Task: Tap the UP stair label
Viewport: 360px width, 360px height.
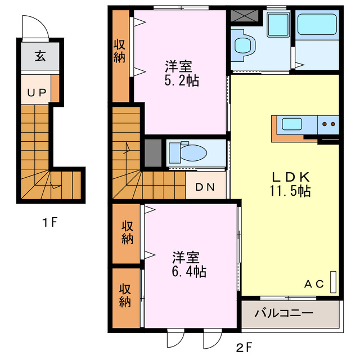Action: [x=35, y=93]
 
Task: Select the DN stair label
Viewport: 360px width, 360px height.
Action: [x=205, y=187]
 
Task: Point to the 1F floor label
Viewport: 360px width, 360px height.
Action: [x=50, y=222]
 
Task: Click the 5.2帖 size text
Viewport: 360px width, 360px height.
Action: [x=181, y=79]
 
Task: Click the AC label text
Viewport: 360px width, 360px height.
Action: [x=314, y=284]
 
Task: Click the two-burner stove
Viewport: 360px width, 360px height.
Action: [x=328, y=124]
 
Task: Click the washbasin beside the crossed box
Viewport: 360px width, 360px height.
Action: [x=276, y=24]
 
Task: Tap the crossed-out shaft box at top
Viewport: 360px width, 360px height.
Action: [x=244, y=17]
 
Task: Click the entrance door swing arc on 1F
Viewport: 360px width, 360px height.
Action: [x=31, y=25]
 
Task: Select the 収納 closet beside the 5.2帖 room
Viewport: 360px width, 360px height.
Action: [x=120, y=51]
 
